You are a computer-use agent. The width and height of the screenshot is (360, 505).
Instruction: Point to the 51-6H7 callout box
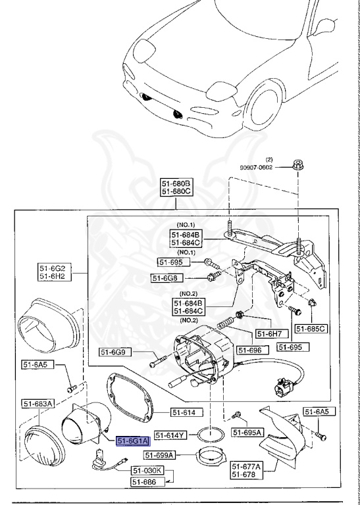click(269, 333)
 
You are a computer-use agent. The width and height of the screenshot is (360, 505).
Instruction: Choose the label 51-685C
click(311, 328)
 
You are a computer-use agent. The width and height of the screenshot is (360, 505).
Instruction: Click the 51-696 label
click(251, 350)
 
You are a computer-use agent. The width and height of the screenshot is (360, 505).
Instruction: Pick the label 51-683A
click(39, 403)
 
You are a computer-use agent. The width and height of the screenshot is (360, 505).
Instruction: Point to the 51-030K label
click(146, 471)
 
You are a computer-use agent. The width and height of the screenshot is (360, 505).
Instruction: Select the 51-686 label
click(146, 481)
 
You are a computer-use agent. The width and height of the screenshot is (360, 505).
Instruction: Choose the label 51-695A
click(248, 432)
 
